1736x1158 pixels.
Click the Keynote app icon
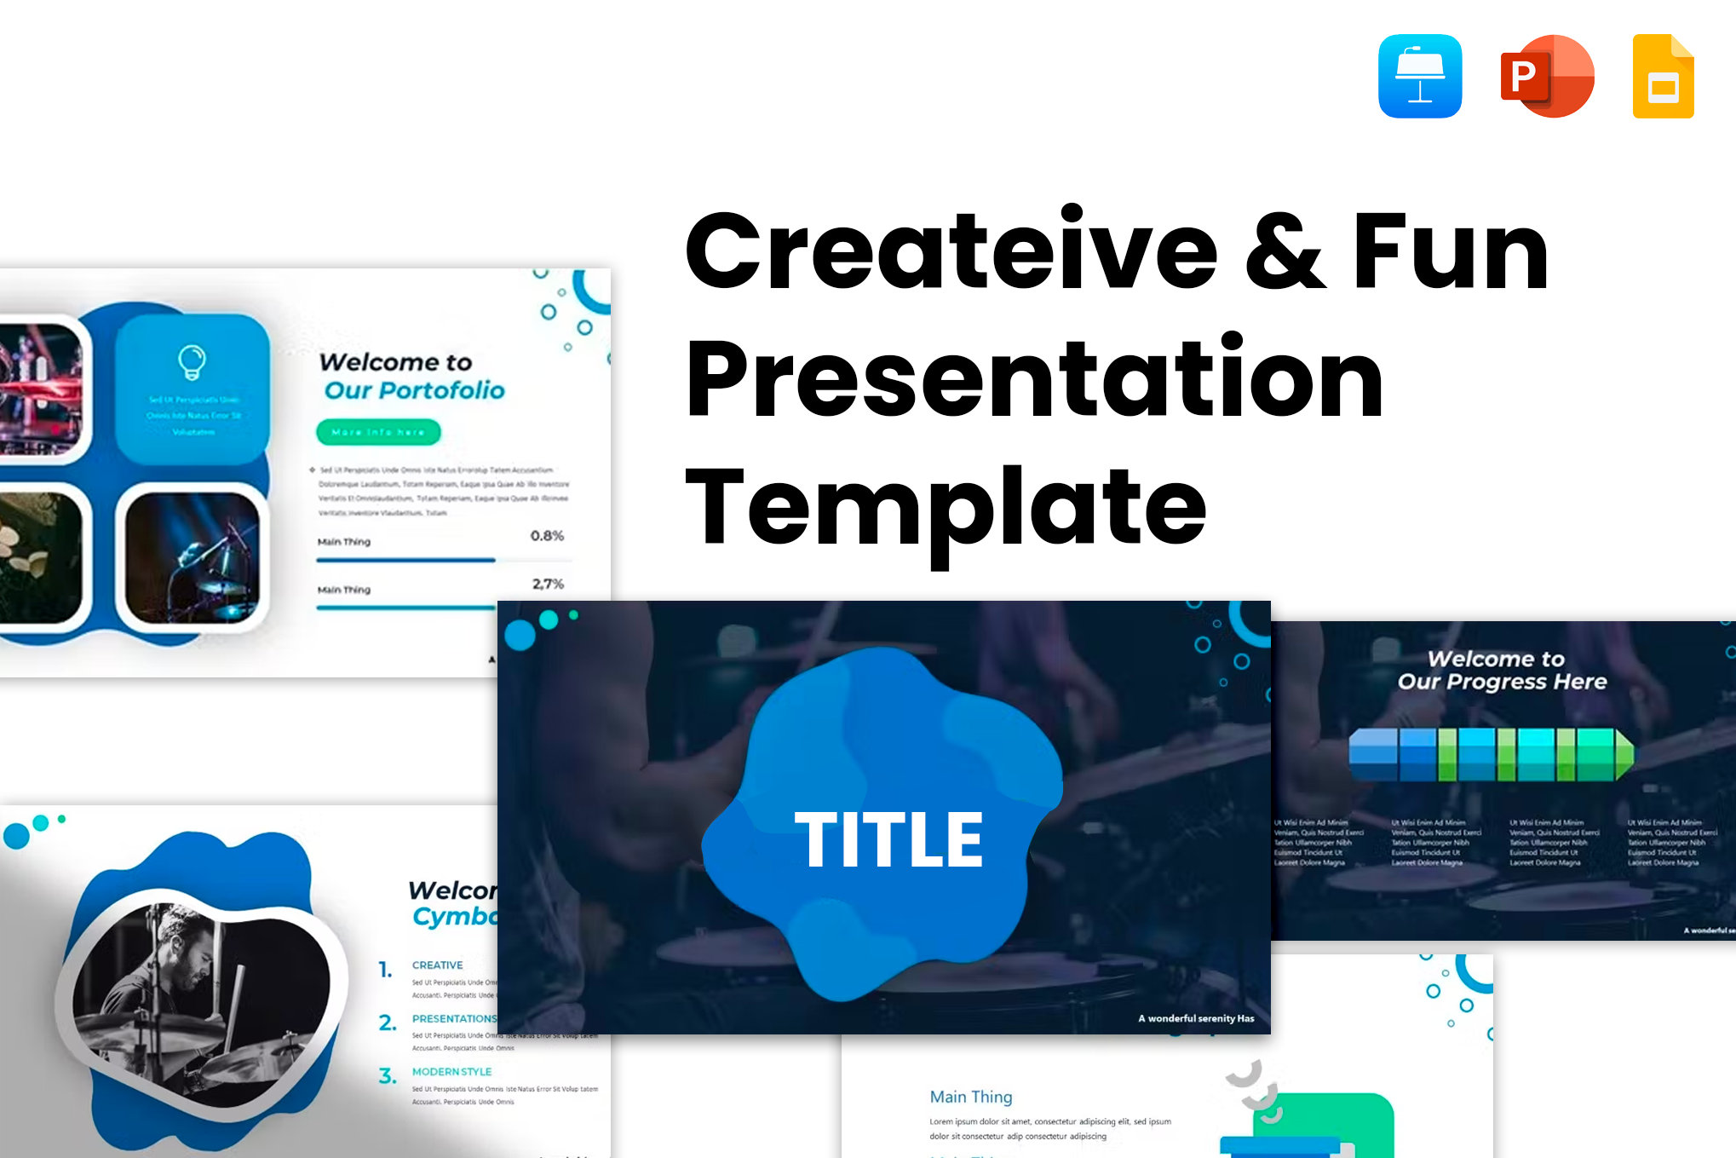1420,76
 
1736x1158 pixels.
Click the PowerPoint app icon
1547,76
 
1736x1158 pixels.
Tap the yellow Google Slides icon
1663,77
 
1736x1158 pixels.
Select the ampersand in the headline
1285,251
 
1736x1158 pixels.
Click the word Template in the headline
946,509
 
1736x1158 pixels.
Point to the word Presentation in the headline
1034,379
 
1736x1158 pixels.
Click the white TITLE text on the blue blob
888,840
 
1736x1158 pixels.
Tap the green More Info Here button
378,432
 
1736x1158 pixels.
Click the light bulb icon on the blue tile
192,361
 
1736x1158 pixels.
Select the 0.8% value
547,536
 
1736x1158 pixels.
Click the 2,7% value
548,584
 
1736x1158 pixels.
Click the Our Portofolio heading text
415,390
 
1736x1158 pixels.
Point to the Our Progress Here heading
1502,682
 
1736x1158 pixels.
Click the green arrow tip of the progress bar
1624,754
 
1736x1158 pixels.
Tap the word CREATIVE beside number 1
437,965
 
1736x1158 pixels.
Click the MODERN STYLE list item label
451,1072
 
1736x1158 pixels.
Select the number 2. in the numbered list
388,1023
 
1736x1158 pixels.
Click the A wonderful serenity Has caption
1196,1018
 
